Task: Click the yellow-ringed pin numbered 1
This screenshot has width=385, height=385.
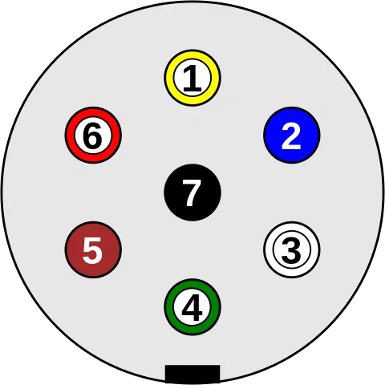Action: (192, 78)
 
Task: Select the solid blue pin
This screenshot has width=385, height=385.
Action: (292, 135)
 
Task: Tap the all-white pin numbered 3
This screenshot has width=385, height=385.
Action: (292, 250)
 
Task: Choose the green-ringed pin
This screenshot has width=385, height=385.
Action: (192, 307)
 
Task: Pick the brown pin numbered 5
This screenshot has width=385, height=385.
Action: (93, 250)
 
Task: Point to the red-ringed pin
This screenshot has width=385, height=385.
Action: (93, 135)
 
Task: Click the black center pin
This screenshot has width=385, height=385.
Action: (192, 192)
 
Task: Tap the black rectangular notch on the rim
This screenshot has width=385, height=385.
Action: (192, 374)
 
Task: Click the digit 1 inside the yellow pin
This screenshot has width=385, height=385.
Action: (192, 79)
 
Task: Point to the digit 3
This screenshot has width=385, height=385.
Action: (291, 250)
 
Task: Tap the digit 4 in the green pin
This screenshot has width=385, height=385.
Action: (192, 307)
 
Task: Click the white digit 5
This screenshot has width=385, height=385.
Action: (93, 251)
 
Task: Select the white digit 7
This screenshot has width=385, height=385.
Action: (192, 193)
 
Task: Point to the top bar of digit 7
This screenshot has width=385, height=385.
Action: (192, 182)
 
